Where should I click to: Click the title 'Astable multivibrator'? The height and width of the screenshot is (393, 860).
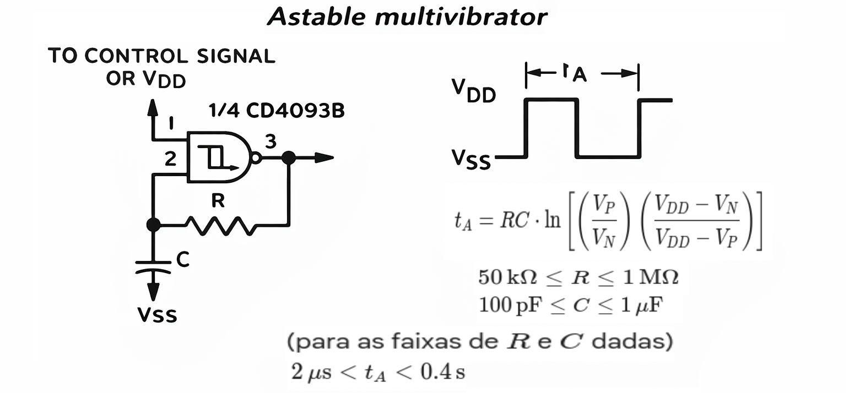click(407, 17)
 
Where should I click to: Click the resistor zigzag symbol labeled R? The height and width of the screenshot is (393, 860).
click(221, 225)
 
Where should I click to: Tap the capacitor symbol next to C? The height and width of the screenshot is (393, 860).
click(154, 266)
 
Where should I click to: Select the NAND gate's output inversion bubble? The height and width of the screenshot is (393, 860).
click(256, 158)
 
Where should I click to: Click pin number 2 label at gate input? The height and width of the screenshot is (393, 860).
click(171, 159)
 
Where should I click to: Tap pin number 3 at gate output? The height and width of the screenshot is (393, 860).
click(270, 141)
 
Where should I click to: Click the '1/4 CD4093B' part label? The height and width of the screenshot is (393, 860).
click(277, 111)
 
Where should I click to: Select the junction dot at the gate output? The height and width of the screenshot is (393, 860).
click(288, 158)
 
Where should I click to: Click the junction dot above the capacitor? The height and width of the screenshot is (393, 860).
click(154, 225)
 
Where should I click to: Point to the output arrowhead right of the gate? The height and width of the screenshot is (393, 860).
click(325, 158)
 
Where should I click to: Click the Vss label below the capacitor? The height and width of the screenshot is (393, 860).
click(157, 315)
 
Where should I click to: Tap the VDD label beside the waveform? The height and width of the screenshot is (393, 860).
click(473, 91)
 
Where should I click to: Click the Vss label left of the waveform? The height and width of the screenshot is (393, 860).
click(471, 160)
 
